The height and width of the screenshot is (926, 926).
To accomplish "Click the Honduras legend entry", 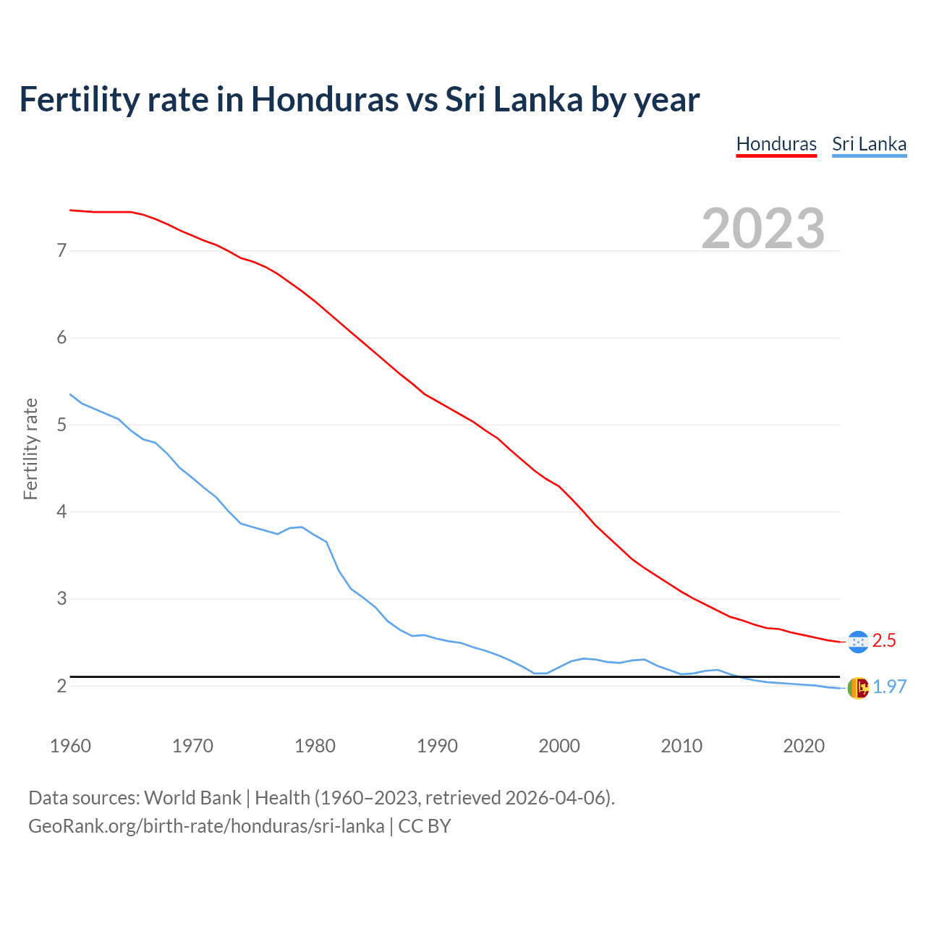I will pyautogui.click(x=776, y=144).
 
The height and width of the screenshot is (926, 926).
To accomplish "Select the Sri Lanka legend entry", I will pyautogui.click(x=869, y=144).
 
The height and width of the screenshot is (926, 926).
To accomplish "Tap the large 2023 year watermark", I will pyautogui.click(x=763, y=229).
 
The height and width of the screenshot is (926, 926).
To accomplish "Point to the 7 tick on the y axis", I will pyautogui.click(x=61, y=251).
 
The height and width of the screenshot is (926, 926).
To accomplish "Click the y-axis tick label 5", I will pyautogui.click(x=61, y=425).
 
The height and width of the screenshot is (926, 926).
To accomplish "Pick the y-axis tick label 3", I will pyautogui.click(x=61, y=599).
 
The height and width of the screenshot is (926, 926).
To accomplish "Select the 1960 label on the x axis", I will pyautogui.click(x=70, y=746).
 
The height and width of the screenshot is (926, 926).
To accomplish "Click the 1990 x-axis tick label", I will pyautogui.click(x=437, y=746).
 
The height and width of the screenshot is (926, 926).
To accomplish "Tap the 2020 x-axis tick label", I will pyautogui.click(x=804, y=746).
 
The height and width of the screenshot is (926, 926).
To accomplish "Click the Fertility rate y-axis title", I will pyautogui.click(x=30, y=449).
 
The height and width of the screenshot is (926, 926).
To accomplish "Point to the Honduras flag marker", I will pyautogui.click(x=857, y=642).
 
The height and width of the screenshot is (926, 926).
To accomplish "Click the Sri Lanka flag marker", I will pyautogui.click(x=857, y=688).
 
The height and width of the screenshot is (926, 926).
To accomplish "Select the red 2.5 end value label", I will pyautogui.click(x=884, y=641).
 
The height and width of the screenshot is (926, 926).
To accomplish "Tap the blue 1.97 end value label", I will pyautogui.click(x=889, y=687).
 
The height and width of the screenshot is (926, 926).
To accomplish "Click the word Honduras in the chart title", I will pyautogui.click(x=325, y=99).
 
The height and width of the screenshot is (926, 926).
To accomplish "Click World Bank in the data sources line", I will pyautogui.click(x=192, y=798).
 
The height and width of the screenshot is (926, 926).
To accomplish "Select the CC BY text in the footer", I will pyautogui.click(x=425, y=826).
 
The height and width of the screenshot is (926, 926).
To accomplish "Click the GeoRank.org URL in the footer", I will pyautogui.click(x=206, y=826).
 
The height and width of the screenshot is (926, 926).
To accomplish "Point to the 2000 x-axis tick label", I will pyautogui.click(x=559, y=746).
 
